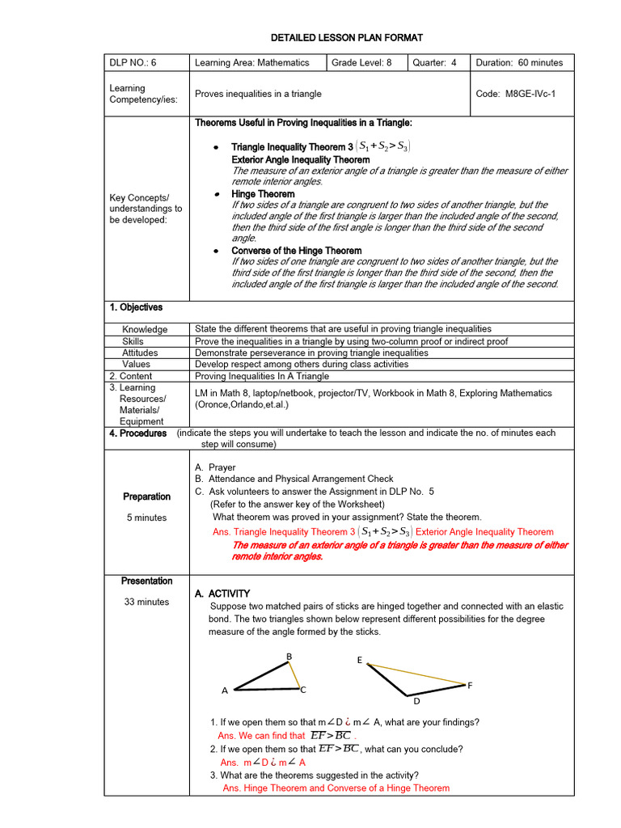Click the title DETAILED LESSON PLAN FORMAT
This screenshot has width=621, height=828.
click(x=346, y=38)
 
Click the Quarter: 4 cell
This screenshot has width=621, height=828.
click(x=434, y=63)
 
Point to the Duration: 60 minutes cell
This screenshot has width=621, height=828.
click(x=519, y=63)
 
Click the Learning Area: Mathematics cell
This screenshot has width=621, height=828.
click(x=252, y=63)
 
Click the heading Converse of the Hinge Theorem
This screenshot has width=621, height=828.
click(x=296, y=251)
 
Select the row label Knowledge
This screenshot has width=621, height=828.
click(x=145, y=329)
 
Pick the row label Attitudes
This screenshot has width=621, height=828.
click(x=140, y=353)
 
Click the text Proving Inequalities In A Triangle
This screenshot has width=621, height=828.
click(x=262, y=376)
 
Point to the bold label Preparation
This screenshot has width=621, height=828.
click(x=146, y=496)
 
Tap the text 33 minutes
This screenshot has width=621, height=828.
click(x=146, y=602)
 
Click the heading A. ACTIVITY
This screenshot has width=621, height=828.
click(x=222, y=594)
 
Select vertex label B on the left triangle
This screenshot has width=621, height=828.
click(x=289, y=655)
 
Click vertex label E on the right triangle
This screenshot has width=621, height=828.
click(x=360, y=660)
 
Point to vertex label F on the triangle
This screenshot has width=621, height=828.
click(x=470, y=685)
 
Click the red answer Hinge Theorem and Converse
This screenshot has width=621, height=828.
click(x=336, y=788)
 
